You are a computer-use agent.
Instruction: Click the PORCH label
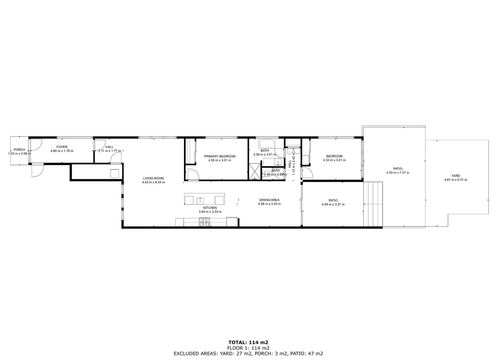[19, 150]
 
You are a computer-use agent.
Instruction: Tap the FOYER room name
[62, 147]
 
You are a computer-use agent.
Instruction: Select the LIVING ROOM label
[153, 178]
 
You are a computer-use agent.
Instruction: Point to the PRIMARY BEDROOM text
[219, 156]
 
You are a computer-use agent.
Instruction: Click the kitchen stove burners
[204, 222]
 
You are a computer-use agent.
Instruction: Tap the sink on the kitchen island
[200, 200]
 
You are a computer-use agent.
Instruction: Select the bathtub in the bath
[267, 144]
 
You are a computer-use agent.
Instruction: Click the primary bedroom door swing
[193, 174]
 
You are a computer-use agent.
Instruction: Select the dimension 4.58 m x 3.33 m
[269, 204]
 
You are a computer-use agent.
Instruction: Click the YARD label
[456, 176]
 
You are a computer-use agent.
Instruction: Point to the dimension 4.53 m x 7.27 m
[398, 173]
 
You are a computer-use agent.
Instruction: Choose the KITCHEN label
[210, 208]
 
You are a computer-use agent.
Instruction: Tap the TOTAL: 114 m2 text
[248, 342]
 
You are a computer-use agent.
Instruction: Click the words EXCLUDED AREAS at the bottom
[193, 354]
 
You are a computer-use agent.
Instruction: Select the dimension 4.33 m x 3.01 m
[334, 160]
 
